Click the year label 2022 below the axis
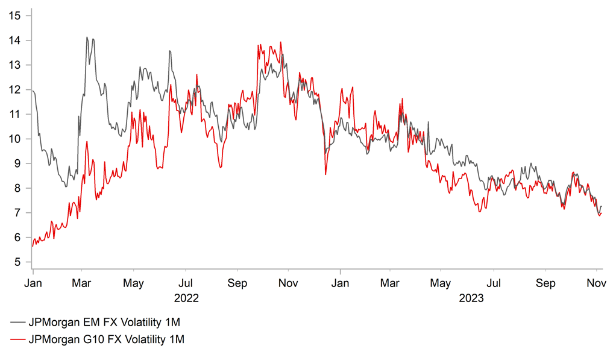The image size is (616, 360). coord(186,298)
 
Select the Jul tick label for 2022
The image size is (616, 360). coord(186,283)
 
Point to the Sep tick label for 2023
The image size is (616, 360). coord(545,283)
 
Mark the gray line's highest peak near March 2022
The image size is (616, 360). coord(87,37)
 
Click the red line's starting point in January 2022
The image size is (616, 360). coord(32,246)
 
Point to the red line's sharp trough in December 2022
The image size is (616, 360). coord(325,174)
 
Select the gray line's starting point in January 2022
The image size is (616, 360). coord(32,91)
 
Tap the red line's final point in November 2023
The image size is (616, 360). coord(602,213)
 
